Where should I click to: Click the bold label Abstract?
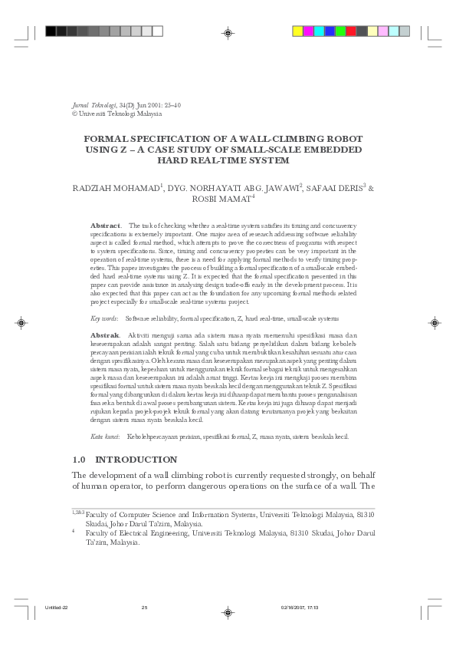tap(106, 225)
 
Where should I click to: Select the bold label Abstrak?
tap(105, 335)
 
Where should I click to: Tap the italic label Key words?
tap(104, 318)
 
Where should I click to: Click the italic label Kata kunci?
tap(105, 436)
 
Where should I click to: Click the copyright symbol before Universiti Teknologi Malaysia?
tap(74, 114)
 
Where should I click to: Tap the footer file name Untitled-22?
tap(57, 608)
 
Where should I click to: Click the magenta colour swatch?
tap(308, 31)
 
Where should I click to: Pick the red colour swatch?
tap(350, 31)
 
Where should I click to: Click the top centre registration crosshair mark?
tap(228, 32)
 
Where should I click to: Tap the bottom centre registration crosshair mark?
tap(228, 612)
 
